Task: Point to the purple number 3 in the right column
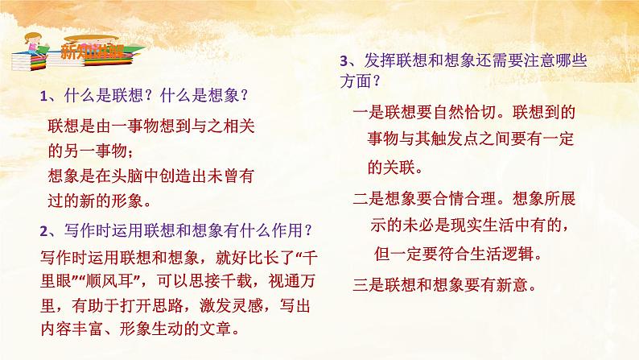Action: point(344,60)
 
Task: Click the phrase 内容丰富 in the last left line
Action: point(69,329)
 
